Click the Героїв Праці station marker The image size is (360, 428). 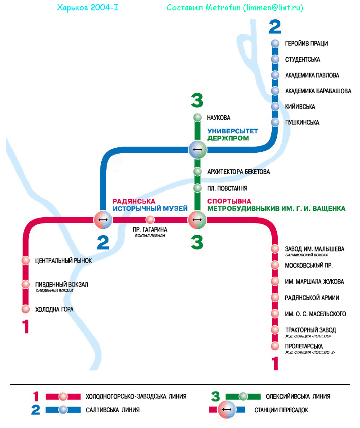275,44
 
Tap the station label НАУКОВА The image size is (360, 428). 219,118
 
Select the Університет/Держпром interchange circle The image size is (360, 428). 197,149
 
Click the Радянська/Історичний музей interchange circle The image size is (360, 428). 103,220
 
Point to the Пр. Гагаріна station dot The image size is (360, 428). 150,220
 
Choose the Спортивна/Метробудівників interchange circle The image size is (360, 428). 197,220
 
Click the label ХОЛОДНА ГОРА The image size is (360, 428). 54,310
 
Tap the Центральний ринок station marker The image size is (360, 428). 26,260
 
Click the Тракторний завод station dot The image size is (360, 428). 275,330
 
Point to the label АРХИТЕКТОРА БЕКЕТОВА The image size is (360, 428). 238,172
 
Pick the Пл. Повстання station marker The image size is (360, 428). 197,188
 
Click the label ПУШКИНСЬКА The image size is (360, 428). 302,123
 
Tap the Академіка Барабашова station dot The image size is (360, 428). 275,91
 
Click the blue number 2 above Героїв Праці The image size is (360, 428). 274,27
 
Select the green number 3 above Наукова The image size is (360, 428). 197,100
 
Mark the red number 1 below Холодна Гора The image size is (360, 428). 26,327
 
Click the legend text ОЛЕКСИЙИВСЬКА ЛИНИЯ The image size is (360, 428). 298,396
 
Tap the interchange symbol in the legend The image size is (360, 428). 227,410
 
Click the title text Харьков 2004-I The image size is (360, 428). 88,8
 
